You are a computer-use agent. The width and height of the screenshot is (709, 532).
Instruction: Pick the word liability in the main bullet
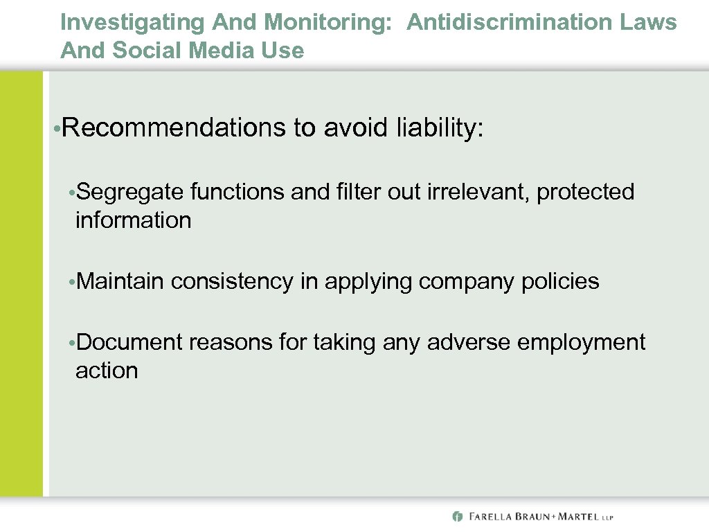[440, 127]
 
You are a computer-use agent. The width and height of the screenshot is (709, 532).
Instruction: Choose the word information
[133, 220]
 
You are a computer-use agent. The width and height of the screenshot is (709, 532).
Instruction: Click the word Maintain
[120, 281]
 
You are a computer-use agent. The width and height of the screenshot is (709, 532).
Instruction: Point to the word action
[107, 371]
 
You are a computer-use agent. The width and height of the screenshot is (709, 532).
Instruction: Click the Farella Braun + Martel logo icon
[457, 516]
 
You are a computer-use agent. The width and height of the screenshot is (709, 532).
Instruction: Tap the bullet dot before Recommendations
[55, 129]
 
